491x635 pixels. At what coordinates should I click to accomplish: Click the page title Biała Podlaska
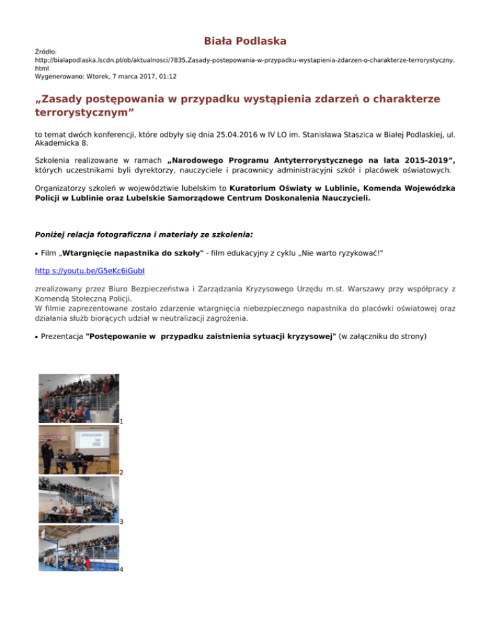245,42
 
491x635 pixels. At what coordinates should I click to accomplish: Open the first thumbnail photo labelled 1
79,398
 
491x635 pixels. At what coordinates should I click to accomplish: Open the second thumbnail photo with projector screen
79,449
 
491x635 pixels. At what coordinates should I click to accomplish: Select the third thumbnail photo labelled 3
79,500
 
